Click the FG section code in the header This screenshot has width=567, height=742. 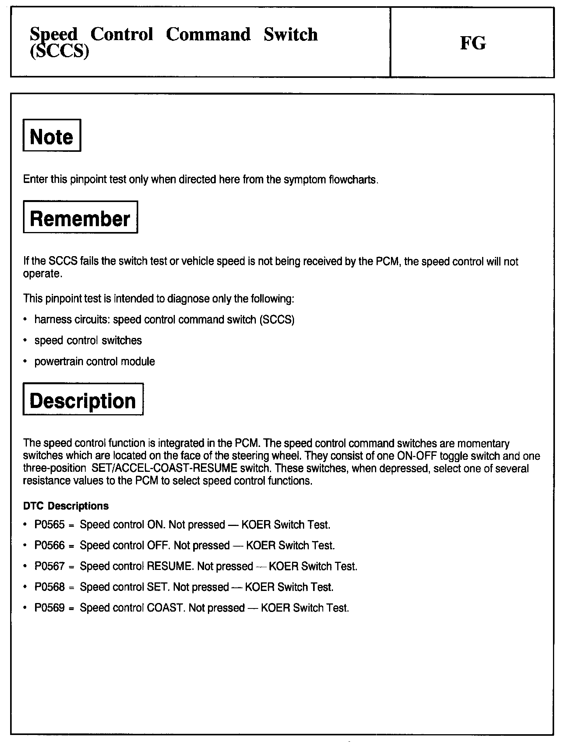[x=473, y=43]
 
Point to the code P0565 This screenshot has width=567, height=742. [x=49, y=525]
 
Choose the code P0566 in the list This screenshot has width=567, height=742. [x=49, y=545]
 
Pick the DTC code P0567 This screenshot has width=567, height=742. [x=49, y=566]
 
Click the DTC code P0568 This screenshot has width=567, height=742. [x=49, y=587]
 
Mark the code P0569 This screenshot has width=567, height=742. [x=49, y=608]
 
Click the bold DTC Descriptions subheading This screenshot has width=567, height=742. [x=66, y=506]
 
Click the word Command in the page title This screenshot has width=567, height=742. [x=208, y=34]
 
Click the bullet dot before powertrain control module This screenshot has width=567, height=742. [x=25, y=362]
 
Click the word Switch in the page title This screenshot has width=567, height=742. [x=291, y=34]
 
